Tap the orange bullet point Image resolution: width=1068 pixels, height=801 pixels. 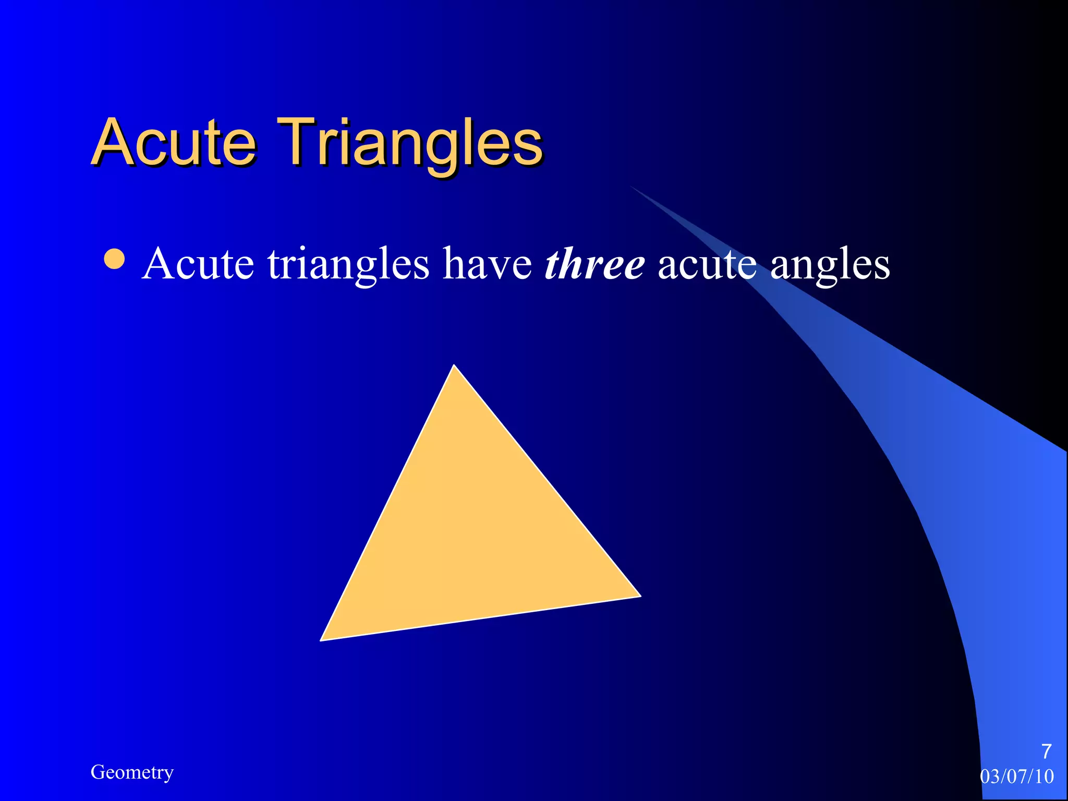tap(114, 259)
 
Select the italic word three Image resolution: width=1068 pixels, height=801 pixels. tap(594, 264)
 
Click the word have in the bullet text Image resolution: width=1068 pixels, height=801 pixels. tap(487, 264)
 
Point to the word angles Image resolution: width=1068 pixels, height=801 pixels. tap(830, 265)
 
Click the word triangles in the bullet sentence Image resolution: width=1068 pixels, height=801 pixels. tap(348, 265)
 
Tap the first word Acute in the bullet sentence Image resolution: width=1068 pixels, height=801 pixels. tap(198, 264)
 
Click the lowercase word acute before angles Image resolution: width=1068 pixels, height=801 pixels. tap(707, 264)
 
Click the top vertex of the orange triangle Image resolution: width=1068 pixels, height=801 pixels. tap(454, 367)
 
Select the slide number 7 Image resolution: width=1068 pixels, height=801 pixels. tap(1046, 751)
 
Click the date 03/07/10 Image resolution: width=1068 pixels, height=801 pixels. tap(1016, 776)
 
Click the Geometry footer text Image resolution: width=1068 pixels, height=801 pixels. tap(132, 772)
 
